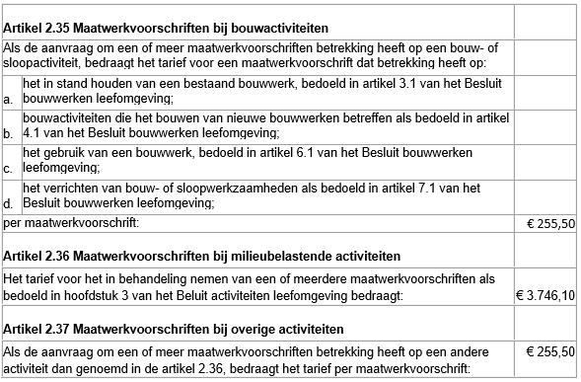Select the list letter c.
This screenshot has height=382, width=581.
pos(9,168)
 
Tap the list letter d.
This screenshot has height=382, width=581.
pos(9,202)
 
